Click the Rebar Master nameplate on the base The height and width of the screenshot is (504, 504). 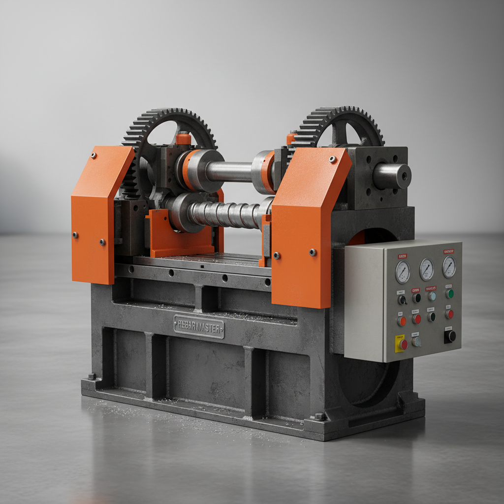tap(199, 327)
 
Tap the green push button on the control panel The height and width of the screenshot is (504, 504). tap(449, 294)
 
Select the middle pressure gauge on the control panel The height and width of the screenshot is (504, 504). tap(427, 269)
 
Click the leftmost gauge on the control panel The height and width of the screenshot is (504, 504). tap(403, 272)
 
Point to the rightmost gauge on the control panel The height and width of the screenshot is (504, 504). tap(449, 267)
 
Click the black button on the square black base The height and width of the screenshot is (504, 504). tap(450, 336)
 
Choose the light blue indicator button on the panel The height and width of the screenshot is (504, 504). tap(432, 296)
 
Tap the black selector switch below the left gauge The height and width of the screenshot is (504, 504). tap(402, 299)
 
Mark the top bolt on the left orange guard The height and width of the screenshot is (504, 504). tap(93, 156)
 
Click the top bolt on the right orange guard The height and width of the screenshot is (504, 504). tap(333, 159)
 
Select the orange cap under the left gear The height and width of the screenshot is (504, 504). tap(183, 138)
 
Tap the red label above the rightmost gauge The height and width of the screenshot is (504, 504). tap(448, 252)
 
